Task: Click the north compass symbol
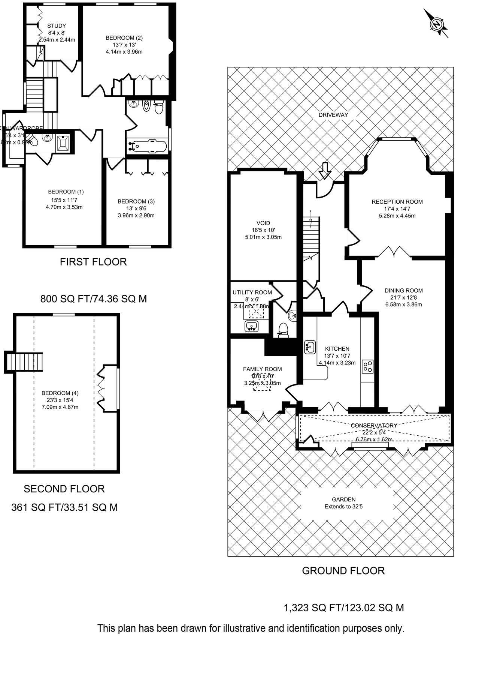[x=436, y=24]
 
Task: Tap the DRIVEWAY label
[x=333, y=115]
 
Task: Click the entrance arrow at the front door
[x=324, y=171]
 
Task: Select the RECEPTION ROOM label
[x=397, y=202]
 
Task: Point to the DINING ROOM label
[x=403, y=290]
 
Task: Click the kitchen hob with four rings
[x=367, y=366]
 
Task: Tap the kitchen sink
[x=310, y=347]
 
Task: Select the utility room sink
[x=252, y=326]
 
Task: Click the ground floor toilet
[x=284, y=329]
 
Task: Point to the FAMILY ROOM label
[x=262, y=369]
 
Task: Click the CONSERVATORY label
[x=374, y=425]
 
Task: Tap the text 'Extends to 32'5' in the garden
[x=343, y=507]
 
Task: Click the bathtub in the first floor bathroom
[x=147, y=145]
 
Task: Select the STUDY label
[x=57, y=26]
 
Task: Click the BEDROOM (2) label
[x=124, y=38]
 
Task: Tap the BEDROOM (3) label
[x=136, y=201]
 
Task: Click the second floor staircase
[x=24, y=362]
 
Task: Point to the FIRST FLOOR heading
[x=93, y=262]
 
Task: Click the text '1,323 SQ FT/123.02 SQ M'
[x=344, y=607]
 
